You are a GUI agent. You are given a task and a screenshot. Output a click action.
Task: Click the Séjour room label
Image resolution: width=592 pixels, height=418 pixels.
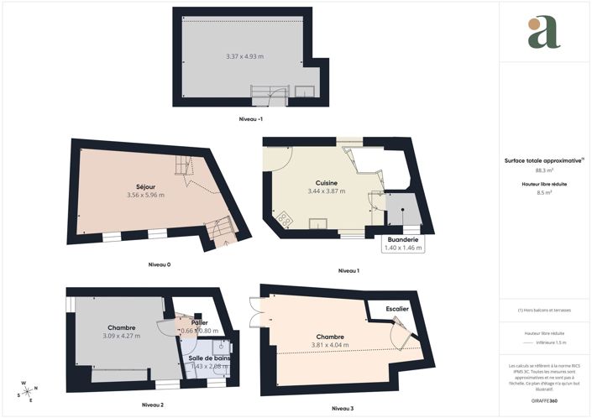pos(146,185)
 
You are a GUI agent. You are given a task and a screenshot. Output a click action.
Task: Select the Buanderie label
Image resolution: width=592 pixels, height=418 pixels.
pos(403,240)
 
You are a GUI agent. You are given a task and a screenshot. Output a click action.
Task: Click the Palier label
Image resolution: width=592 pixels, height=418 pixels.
pos(199,322)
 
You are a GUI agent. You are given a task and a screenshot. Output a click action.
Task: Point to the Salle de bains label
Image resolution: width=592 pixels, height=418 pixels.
pos(208,358)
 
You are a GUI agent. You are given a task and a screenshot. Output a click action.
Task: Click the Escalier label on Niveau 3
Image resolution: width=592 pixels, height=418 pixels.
pos(397,309)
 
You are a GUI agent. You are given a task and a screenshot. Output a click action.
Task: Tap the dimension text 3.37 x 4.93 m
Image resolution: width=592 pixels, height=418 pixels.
pos(245,56)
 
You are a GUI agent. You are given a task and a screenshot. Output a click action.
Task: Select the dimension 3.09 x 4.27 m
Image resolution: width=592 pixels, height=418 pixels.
pos(122,336)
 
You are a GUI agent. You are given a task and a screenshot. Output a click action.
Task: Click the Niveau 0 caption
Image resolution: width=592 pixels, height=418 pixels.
pos(160,264)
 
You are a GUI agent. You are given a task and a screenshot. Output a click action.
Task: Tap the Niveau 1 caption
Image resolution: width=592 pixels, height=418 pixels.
pos(348,270)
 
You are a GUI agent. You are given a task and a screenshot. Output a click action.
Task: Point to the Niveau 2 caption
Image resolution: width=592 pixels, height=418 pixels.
pos(152,405)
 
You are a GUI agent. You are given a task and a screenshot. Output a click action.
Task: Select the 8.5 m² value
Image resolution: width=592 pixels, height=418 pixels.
pos(545,192)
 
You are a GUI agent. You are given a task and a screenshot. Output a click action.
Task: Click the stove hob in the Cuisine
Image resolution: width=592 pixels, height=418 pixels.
pos(284,219)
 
